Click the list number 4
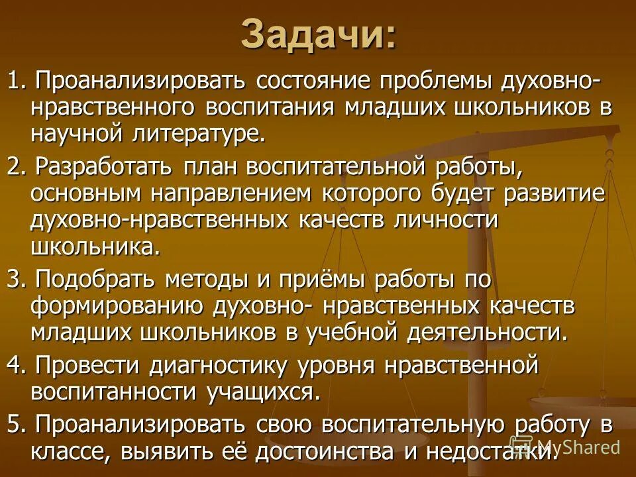point(13,364)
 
